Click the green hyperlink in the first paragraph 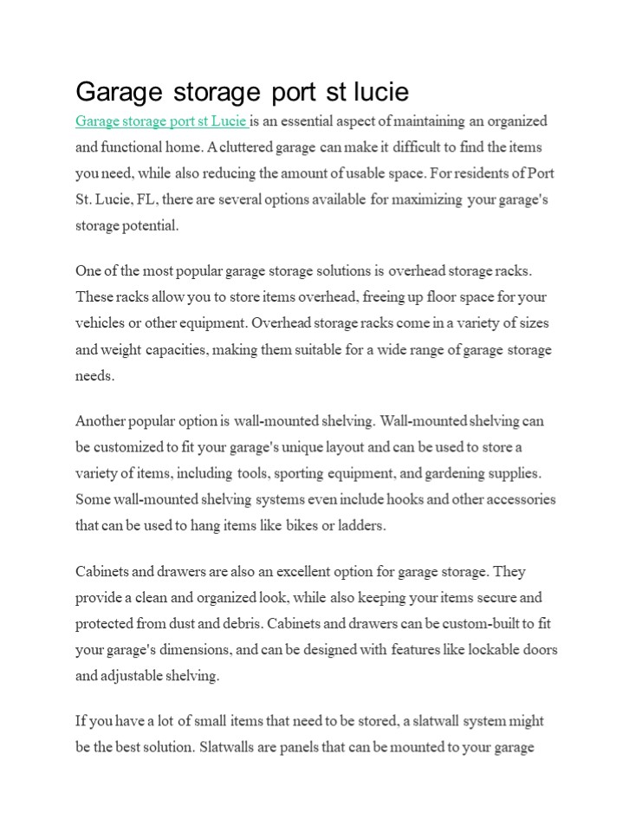(161, 121)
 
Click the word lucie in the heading (379, 91)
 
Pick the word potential (152, 225)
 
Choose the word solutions (344, 271)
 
